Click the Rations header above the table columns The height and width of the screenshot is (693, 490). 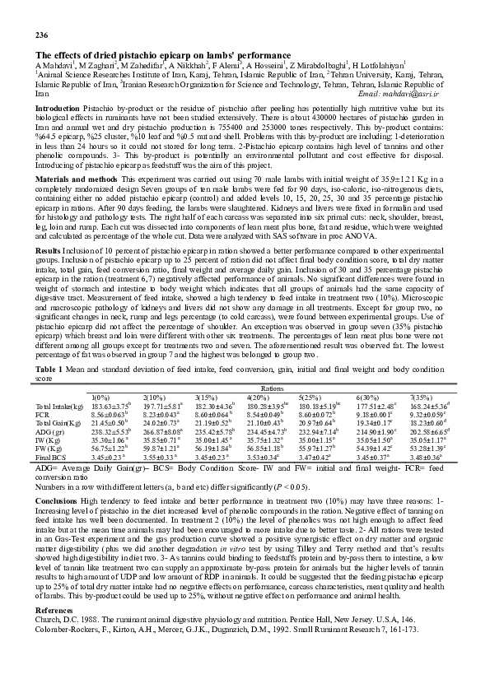click(274, 388)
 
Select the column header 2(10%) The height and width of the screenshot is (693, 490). click(156, 398)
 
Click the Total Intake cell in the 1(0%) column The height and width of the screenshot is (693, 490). click(112, 407)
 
